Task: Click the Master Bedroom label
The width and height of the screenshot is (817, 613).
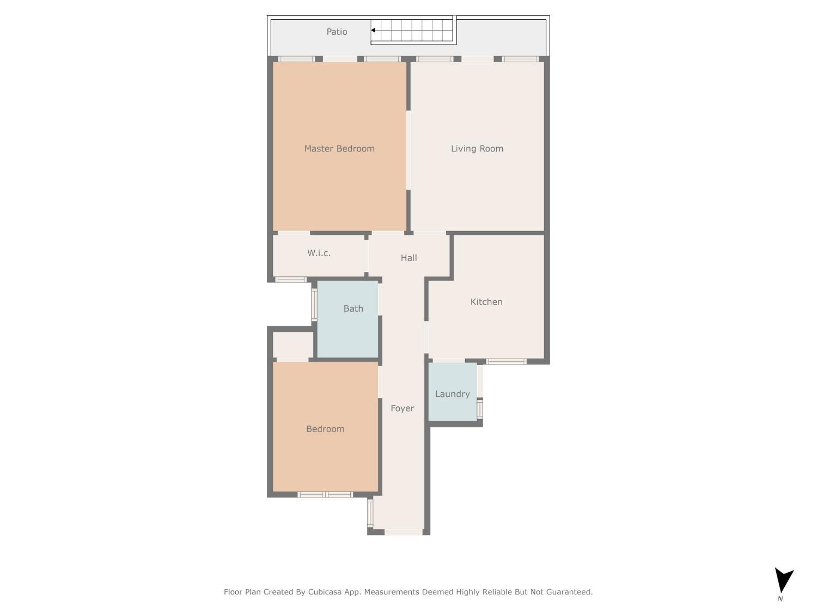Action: coord(339,149)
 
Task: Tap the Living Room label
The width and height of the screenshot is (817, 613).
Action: coord(477,149)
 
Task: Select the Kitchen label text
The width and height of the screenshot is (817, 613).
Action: coord(486,302)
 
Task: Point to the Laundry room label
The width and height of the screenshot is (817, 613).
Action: coord(452,394)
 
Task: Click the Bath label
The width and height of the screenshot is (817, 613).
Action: coord(353,308)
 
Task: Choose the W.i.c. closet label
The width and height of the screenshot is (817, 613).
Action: coord(319,253)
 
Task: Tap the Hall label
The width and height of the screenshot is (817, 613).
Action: coord(408,258)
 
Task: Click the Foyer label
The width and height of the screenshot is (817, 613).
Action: coord(402,408)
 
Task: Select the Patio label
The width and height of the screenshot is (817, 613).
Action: coord(337,32)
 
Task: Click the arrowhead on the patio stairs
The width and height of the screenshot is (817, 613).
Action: coord(374,31)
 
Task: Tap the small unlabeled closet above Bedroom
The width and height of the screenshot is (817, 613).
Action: coord(292,345)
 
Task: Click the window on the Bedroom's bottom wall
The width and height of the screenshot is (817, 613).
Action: coord(325,495)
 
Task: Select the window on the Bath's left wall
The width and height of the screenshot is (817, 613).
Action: coord(314,304)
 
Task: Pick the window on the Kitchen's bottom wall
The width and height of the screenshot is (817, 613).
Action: coord(506,361)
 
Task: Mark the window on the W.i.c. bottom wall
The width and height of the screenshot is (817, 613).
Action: coord(290,280)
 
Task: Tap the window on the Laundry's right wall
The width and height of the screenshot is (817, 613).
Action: coord(480,409)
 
